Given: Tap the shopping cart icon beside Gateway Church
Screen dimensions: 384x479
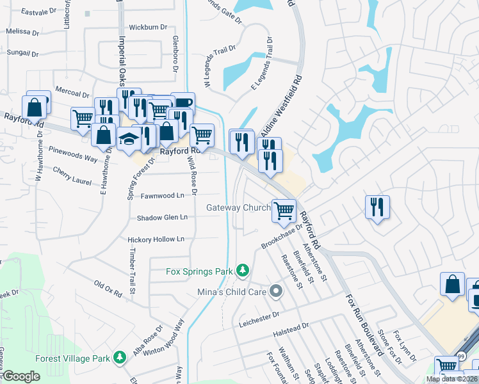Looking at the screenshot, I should pyautogui.click(x=283, y=210).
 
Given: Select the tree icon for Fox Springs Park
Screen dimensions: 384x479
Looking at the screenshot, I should pyautogui.click(x=243, y=271).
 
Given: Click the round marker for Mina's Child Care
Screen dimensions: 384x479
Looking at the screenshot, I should pyautogui.click(x=276, y=292).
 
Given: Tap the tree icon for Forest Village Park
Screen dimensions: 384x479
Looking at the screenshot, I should pyautogui.click(x=119, y=357).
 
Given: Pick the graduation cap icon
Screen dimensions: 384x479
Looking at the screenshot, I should pyautogui.click(x=129, y=139).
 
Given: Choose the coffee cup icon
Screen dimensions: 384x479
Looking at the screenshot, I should pyautogui.click(x=183, y=102).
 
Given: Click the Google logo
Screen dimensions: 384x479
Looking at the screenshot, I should pyautogui.click(x=21, y=376).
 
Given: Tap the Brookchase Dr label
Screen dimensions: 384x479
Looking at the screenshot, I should pyautogui.click(x=281, y=237).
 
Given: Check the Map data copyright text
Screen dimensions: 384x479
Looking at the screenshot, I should pyautogui.click(x=451, y=379).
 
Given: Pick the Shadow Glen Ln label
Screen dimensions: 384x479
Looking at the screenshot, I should pyautogui.click(x=162, y=218).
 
